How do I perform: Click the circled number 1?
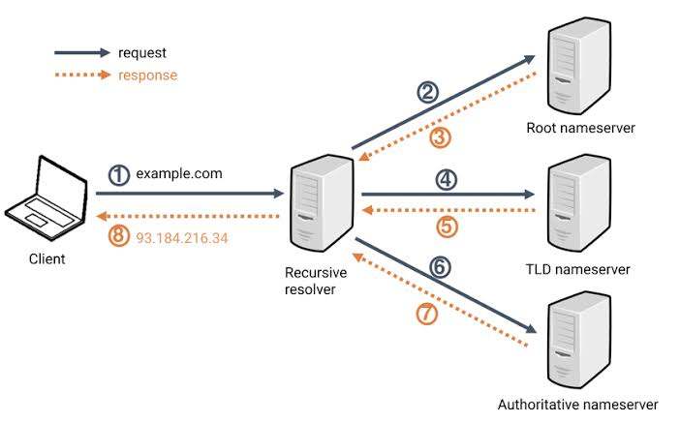click(118, 175)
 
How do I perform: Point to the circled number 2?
click(427, 92)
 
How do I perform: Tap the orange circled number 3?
click(441, 138)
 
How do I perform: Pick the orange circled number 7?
click(427, 314)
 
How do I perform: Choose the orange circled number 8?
click(118, 236)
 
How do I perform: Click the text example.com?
click(179, 174)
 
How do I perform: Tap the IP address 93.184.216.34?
click(182, 236)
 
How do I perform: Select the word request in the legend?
click(142, 52)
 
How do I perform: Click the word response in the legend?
click(147, 75)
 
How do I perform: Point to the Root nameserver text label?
click(580, 128)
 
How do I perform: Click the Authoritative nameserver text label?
click(578, 404)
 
